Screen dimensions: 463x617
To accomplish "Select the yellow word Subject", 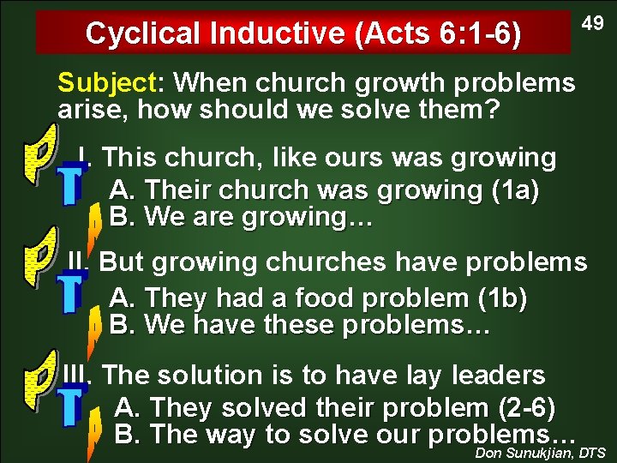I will point(104,83).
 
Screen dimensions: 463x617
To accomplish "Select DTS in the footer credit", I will point(593,453).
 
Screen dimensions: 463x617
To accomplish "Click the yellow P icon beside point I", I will point(41,153).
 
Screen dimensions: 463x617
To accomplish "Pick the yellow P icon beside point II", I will point(41,256).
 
